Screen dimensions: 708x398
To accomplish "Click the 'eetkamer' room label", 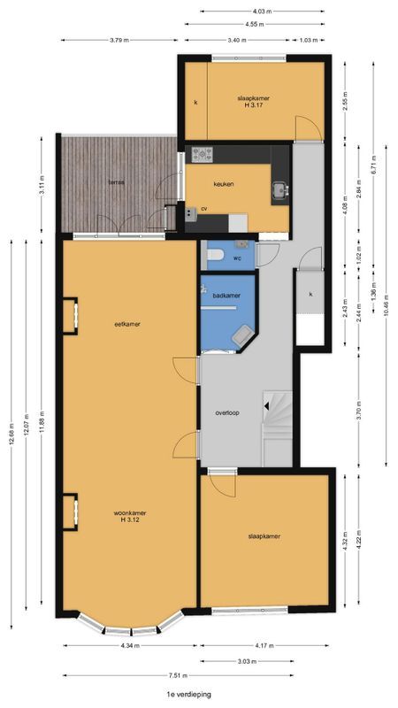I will [x=128, y=324].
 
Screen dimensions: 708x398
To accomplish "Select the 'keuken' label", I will [x=223, y=184].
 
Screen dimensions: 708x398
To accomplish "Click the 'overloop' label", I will [x=228, y=413].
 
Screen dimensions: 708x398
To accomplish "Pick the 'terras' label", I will [x=116, y=182].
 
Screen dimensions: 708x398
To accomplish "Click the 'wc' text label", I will [x=237, y=258].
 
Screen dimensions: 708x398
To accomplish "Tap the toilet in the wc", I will [x=213, y=256].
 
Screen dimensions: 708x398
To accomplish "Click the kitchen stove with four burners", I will [x=203, y=154].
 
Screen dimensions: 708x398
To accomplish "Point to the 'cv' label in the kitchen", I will [x=203, y=209].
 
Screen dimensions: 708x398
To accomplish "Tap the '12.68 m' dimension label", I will [x=11, y=421].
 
